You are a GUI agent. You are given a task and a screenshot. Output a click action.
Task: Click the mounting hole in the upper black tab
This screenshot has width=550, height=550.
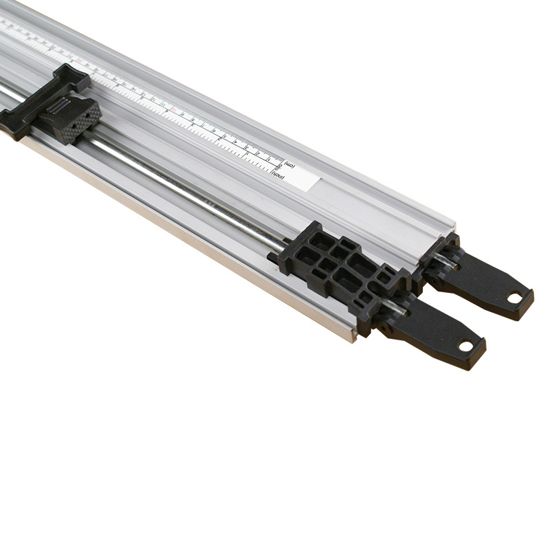click(514, 297)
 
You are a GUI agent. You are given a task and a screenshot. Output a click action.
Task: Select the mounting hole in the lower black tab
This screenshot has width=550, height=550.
click(467, 345)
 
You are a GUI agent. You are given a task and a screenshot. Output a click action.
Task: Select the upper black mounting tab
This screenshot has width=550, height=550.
click(488, 282)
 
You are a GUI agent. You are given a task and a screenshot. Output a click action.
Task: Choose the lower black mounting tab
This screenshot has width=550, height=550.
click(440, 333)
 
